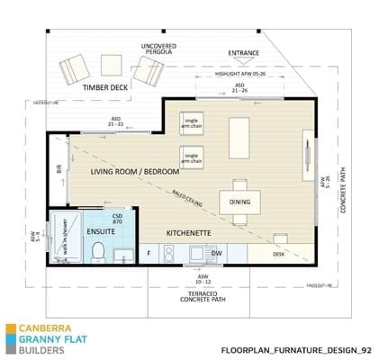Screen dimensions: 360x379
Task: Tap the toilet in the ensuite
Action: tap(101, 253)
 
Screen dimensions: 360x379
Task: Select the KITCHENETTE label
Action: tap(188, 233)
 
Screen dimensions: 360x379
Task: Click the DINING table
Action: tap(239, 201)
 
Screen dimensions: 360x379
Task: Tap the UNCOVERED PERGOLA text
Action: tap(158, 49)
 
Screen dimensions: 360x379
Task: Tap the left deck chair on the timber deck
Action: tap(74, 69)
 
